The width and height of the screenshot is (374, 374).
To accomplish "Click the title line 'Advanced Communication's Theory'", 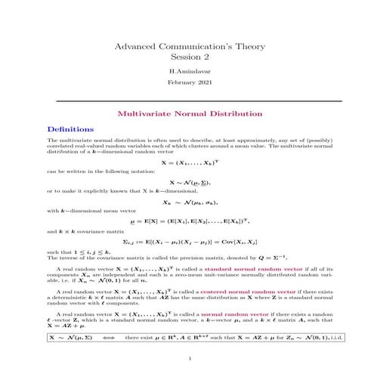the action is click(x=186, y=47).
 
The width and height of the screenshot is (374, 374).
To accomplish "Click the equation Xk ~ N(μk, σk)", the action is click(x=186, y=202).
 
